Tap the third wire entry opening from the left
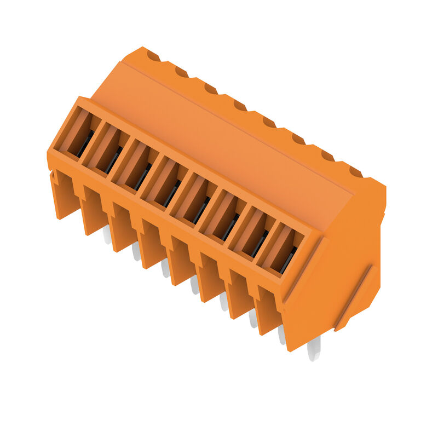coord(135,166)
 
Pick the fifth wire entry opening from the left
coord(193,199)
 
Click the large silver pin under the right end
coord(314,349)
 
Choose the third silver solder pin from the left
coord(165,268)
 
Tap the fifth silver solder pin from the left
coord(223,301)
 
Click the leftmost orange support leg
coord(65,195)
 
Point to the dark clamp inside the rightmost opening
coord(288,261)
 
